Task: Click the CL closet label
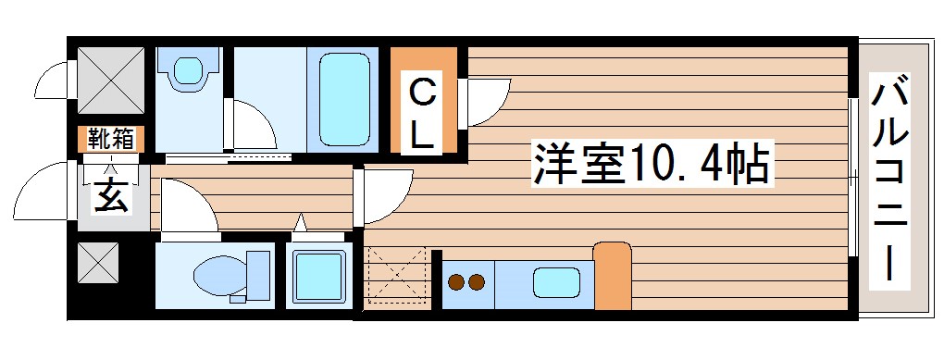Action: click(421, 113)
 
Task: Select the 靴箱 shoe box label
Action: click(111, 140)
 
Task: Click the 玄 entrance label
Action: click(110, 196)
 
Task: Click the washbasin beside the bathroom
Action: click(189, 71)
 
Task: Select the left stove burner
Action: click(456, 281)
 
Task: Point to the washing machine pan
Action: click(317, 275)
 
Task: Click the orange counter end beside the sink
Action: click(611, 276)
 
